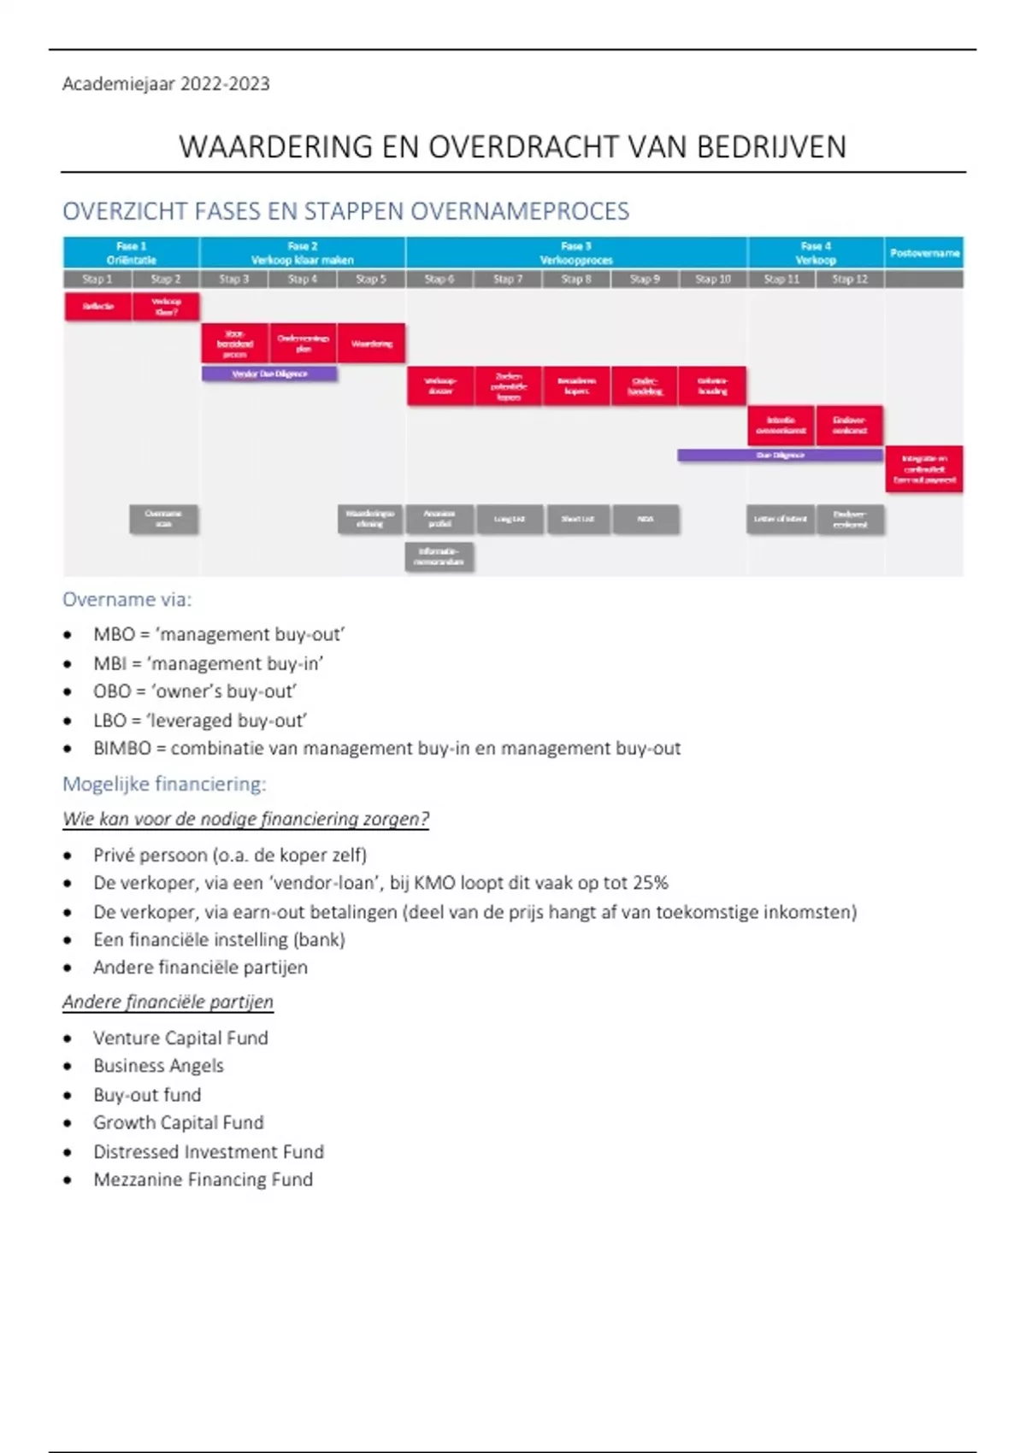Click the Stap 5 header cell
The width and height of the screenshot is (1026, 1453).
pyautogui.click(x=371, y=279)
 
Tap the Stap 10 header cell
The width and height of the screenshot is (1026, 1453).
pyautogui.click(x=713, y=279)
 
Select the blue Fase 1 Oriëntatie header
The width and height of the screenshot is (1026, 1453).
pyautogui.click(x=131, y=253)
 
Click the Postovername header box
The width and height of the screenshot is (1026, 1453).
pyautogui.click(x=924, y=253)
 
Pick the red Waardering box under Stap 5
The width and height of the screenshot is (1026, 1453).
pyautogui.click(x=371, y=344)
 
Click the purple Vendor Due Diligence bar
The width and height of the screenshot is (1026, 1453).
pyautogui.click(x=269, y=374)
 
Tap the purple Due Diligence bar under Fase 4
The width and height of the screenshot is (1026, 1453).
pyautogui.click(x=780, y=456)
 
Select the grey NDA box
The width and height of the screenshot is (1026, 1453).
pyautogui.click(x=646, y=519)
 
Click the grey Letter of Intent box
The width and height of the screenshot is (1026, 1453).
pyautogui.click(x=781, y=519)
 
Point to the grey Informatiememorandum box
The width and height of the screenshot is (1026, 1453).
pyautogui.click(x=439, y=556)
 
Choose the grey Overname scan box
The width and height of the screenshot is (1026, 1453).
pyautogui.click(x=163, y=519)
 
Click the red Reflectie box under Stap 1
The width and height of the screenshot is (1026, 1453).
pyautogui.click(x=98, y=306)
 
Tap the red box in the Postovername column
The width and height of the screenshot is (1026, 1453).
pyautogui.click(x=924, y=469)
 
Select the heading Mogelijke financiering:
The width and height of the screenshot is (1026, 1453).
pyautogui.click(x=164, y=784)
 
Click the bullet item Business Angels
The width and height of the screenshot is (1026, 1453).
pyautogui.click(x=158, y=1066)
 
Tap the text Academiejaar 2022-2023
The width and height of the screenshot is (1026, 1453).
pyautogui.click(x=166, y=84)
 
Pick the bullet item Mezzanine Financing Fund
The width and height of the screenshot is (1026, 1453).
pyautogui.click(x=203, y=1179)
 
